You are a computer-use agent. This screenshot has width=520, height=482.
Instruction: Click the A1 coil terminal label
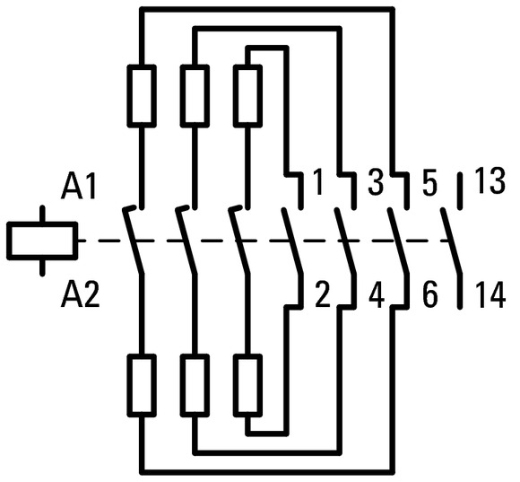(x=78, y=188)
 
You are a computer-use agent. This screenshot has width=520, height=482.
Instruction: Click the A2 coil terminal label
(x=80, y=294)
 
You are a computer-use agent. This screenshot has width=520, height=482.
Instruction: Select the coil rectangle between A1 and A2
(x=42, y=241)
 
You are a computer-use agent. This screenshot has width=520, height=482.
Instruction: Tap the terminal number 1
(x=317, y=182)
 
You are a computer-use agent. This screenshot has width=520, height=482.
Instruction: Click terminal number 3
(x=376, y=182)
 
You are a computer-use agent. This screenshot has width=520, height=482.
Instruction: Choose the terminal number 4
(x=377, y=294)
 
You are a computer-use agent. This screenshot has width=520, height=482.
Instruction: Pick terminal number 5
(x=429, y=182)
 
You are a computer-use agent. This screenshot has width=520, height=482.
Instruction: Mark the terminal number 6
(x=430, y=294)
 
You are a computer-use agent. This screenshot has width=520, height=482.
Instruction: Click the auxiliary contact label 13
(x=490, y=181)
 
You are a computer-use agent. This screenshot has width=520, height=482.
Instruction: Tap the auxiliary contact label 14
(x=490, y=295)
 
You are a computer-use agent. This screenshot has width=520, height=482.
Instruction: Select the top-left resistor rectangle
(x=142, y=96)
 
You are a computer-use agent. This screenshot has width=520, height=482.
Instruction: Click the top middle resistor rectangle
(x=195, y=96)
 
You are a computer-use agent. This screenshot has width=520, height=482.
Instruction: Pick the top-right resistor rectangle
(x=247, y=96)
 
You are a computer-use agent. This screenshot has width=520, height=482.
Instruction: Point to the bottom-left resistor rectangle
(x=142, y=385)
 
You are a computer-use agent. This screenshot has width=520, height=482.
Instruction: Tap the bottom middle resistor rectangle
(x=195, y=385)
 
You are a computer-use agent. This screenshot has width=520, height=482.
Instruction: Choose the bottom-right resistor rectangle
(x=247, y=385)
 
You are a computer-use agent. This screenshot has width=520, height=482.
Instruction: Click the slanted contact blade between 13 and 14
(x=451, y=241)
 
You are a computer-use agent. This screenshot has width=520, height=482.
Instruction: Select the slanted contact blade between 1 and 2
(x=292, y=241)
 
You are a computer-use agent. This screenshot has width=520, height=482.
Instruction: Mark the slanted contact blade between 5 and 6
(x=398, y=241)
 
